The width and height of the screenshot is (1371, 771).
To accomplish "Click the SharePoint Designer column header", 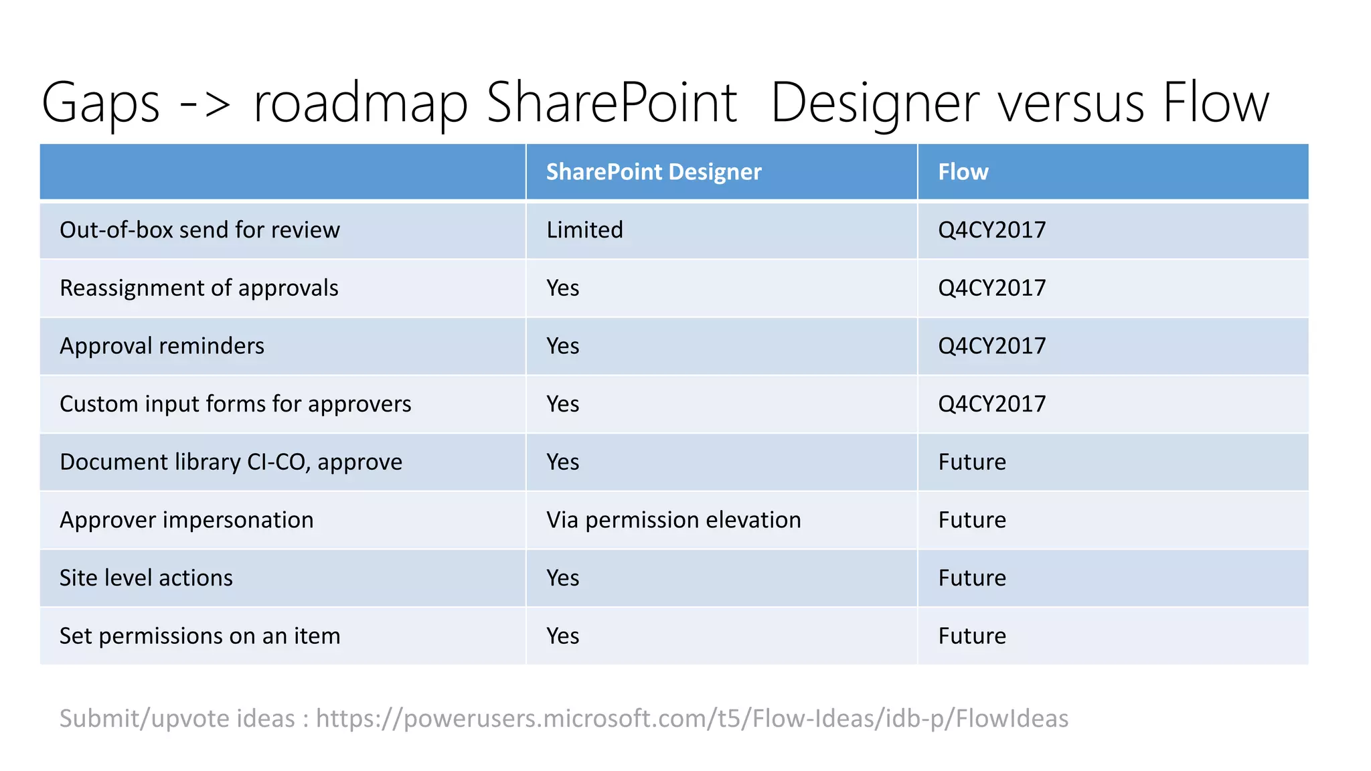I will (x=653, y=172).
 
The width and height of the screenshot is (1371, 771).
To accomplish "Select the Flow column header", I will (x=963, y=172).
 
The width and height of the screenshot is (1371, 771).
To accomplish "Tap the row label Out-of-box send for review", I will (x=199, y=230).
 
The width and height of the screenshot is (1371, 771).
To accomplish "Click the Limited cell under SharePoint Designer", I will (x=584, y=230).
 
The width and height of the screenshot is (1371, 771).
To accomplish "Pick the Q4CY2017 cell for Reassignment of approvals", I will (x=991, y=288).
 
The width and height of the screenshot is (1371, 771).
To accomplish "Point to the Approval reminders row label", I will (x=162, y=346).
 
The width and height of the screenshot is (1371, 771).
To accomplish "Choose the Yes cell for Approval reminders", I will (x=562, y=346).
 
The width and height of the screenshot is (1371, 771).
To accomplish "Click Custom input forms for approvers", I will (x=235, y=404).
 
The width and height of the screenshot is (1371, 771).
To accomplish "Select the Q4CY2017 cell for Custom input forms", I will (x=991, y=404).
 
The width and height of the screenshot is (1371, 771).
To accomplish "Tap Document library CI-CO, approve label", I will (x=231, y=462).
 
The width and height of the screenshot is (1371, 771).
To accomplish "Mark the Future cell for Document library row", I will (x=972, y=462).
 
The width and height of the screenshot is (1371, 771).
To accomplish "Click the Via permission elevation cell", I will (x=673, y=520).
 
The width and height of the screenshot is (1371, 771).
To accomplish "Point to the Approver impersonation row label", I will (x=186, y=520).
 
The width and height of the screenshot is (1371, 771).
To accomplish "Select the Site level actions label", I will (x=146, y=578).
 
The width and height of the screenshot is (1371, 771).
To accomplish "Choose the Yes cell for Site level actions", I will (x=562, y=578).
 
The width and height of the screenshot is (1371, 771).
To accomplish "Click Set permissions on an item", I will (x=199, y=636).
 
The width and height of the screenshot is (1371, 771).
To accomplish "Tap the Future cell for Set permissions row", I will (x=972, y=636).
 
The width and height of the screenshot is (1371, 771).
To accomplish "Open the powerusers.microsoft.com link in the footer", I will (x=692, y=718).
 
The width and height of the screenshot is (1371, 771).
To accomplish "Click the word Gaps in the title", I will (x=100, y=104).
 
